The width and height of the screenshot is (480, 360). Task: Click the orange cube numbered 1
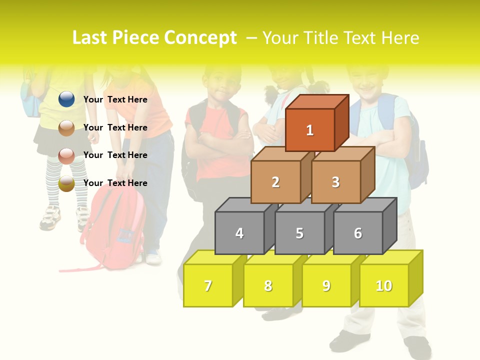310,130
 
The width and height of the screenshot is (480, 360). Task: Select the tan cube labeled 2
275,182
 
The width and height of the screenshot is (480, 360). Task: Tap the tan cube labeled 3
335,182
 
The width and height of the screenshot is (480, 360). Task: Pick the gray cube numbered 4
239,233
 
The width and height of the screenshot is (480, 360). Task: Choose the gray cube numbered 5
299,233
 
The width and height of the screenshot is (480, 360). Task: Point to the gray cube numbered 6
358,233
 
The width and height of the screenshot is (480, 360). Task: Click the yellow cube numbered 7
208,285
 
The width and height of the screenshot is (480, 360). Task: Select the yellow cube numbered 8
268,285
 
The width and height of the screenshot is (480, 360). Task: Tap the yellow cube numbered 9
326,285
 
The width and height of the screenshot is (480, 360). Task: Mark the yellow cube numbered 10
384,285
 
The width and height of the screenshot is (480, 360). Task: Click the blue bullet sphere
66,99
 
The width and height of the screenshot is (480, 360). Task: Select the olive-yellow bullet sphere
66,183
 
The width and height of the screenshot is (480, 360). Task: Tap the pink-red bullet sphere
66,155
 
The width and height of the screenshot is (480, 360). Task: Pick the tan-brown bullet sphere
66,127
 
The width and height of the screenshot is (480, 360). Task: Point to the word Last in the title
90,38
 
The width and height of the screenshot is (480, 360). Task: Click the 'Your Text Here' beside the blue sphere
115,99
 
